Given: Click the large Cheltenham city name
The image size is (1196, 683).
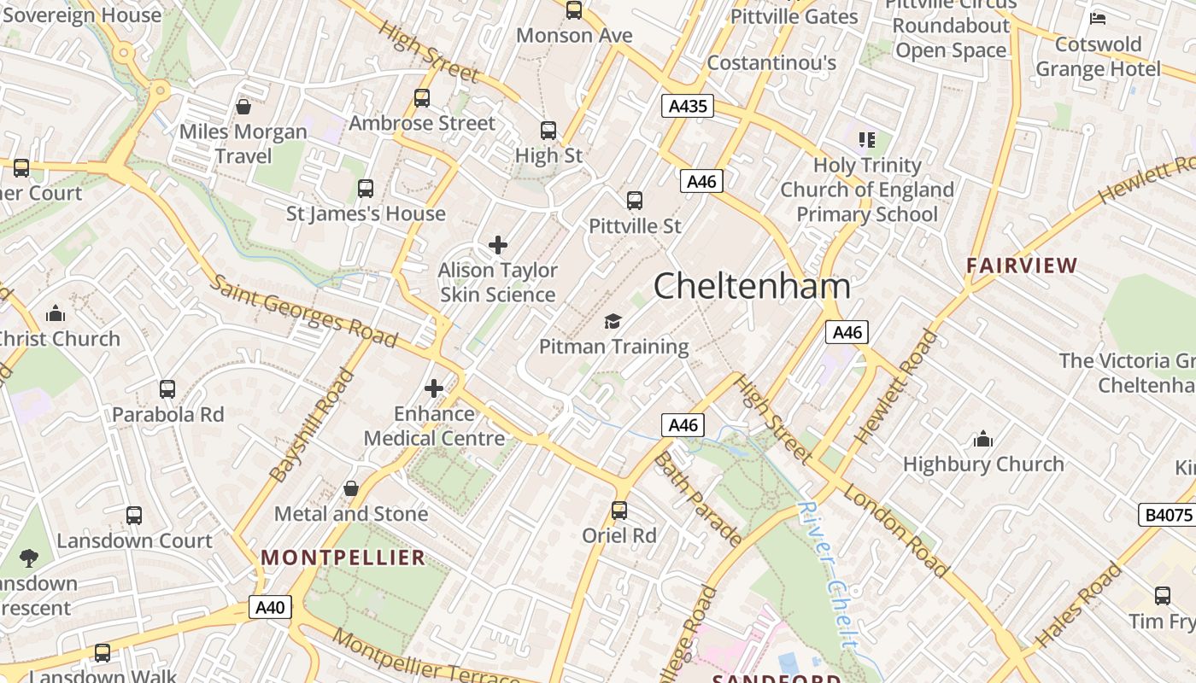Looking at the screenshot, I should click(752, 286).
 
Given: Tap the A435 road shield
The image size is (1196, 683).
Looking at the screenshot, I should click(688, 106).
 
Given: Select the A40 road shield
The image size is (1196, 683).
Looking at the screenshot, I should click(270, 607).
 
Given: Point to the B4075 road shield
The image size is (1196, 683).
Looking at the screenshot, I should click(1167, 515).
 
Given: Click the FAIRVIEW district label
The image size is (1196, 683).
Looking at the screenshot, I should click(1022, 266).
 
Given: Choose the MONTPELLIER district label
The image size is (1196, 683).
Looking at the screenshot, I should click(343, 557).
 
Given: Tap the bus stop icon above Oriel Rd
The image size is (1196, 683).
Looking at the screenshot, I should click(619, 511).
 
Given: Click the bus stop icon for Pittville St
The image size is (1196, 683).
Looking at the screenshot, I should click(635, 201).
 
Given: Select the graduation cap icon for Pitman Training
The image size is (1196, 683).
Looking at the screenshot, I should click(613, 322).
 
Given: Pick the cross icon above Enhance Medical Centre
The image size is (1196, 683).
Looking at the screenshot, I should click(434, 388).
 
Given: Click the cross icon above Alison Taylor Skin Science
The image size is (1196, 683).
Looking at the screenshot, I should click(498, 246).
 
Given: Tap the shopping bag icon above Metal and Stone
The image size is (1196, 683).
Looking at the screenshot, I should click(350, 488).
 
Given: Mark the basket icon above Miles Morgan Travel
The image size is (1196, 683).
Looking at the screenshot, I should click(243, 107).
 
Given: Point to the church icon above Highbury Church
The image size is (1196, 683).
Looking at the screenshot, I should click(983, 440).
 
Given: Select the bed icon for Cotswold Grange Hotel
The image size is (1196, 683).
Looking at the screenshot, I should click(1098, 18).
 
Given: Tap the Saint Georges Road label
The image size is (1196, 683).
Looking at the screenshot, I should click(304, 311).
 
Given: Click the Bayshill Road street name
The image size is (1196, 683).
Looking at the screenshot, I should click(312, 424).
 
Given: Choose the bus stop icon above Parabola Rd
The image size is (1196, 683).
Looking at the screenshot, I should click(167, 389).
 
